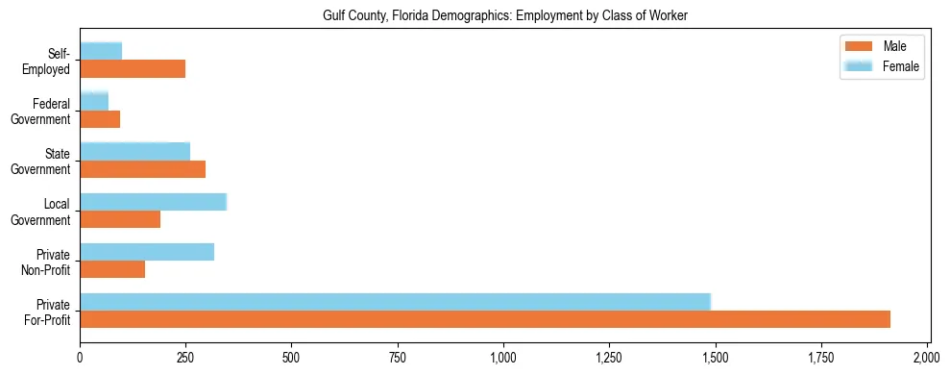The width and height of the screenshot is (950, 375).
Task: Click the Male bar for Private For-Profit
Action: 485,319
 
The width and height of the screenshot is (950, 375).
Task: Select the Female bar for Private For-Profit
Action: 395,302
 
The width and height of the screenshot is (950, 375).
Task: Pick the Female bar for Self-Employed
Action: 101,52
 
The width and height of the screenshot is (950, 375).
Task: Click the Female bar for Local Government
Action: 153,202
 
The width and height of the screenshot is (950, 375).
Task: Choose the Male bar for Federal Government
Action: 100,119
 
